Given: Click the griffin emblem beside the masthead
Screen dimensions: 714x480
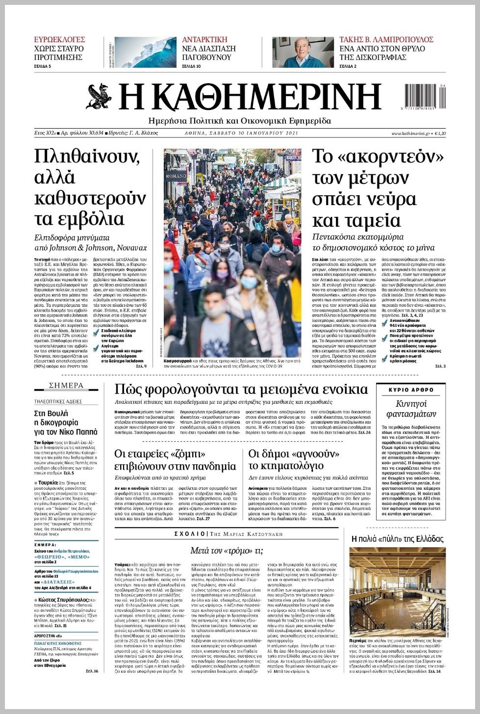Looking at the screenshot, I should click(99, 97).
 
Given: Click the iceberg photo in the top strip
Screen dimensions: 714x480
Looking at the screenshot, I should click(145, 52).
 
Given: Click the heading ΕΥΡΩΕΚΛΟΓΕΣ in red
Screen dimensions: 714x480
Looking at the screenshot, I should click(59, 39).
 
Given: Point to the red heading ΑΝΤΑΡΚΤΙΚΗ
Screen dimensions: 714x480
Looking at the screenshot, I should click(204, 39).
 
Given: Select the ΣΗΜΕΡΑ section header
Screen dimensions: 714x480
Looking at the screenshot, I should click(66, 386).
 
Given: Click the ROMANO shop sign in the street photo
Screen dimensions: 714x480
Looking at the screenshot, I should click(176, 175).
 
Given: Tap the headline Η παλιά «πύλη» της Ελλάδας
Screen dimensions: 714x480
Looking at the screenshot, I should click(398, 538).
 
